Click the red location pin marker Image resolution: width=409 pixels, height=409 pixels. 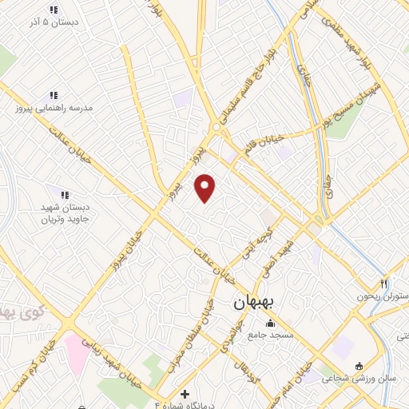point(206,188)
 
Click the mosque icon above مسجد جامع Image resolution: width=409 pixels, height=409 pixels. point(269,323)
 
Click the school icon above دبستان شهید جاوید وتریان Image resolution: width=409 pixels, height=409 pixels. point(65,194)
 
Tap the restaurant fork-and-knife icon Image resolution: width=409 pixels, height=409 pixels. point(383,283)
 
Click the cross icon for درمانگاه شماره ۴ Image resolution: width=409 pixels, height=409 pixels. point(185,394)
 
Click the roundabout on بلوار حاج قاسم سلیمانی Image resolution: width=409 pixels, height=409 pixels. point(216,128)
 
